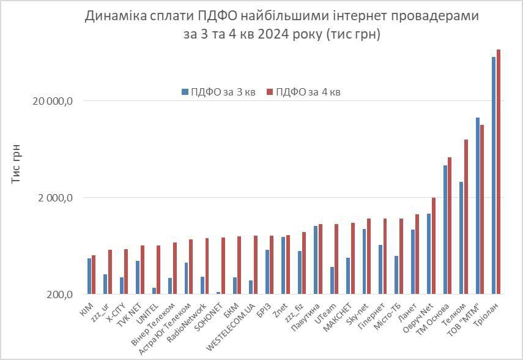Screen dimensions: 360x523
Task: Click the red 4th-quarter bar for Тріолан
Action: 499,171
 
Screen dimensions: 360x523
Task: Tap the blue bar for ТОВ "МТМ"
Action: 478,206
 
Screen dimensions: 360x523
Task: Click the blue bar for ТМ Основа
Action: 445,230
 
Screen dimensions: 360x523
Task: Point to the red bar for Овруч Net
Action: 434,246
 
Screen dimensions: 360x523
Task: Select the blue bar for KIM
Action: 89,276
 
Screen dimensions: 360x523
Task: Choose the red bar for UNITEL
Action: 158,269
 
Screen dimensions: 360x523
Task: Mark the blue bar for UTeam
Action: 332,280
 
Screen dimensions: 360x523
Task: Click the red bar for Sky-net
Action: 369,256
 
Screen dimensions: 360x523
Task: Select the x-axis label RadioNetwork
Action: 187,319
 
